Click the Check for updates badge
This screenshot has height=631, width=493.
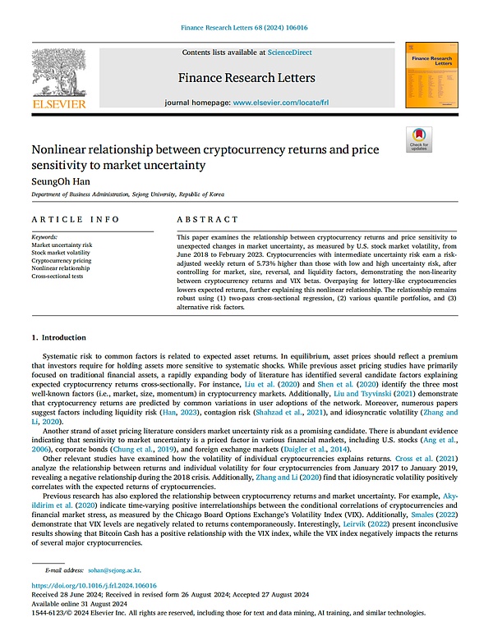pos(419,139)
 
